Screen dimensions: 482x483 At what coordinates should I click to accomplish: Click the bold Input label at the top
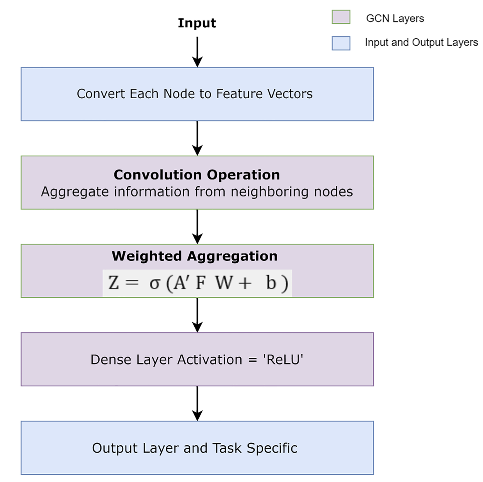pyautogui.click(x=197, y=23)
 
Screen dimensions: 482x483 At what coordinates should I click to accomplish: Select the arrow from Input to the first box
pyautogui.click(x=197, y=52)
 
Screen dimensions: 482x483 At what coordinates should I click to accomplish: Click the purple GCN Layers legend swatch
pyautogui.click(x=341, y=17)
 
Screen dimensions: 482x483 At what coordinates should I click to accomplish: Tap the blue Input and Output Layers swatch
pyautogui.click(x=341, y=43)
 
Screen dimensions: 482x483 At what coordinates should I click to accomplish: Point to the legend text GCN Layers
pyautogui.click(x=395, y=19)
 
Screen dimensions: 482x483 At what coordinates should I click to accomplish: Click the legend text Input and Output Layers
pyautogui.click(x=421, y=43)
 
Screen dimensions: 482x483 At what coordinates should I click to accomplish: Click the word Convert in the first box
pyautogui.click(x=101, y=94)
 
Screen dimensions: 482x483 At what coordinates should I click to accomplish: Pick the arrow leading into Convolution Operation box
pyautogui.click(x=197, y=138)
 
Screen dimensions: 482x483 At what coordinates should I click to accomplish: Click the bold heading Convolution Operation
pyautogui.click(x=197, y=175)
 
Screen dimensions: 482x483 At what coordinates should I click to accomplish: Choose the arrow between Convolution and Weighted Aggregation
pyautogui.click(x=197, y=227)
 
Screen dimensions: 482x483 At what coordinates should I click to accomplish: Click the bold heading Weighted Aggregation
pyautogui.click(x=195, y=256)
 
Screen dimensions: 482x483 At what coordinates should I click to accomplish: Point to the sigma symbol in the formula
pyautogui.click(x=155, y=284)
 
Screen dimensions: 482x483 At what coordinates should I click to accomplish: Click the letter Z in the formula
pyautogui.click(x=114, y=283)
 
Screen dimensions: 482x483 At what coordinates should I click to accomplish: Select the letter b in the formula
pyautogui.click(x=271, y=283)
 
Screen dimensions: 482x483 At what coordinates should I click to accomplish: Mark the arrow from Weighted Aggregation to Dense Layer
pyautogui.click(x=197, y=315)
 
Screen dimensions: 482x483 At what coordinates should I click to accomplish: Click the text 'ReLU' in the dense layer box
pyautogui.click(x=283, y=360)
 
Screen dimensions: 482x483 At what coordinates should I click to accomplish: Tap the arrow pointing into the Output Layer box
pyautogui.click(x=197, y=403)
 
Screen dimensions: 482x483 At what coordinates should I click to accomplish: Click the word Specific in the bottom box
pyautogui.click(x=272, y=448)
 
